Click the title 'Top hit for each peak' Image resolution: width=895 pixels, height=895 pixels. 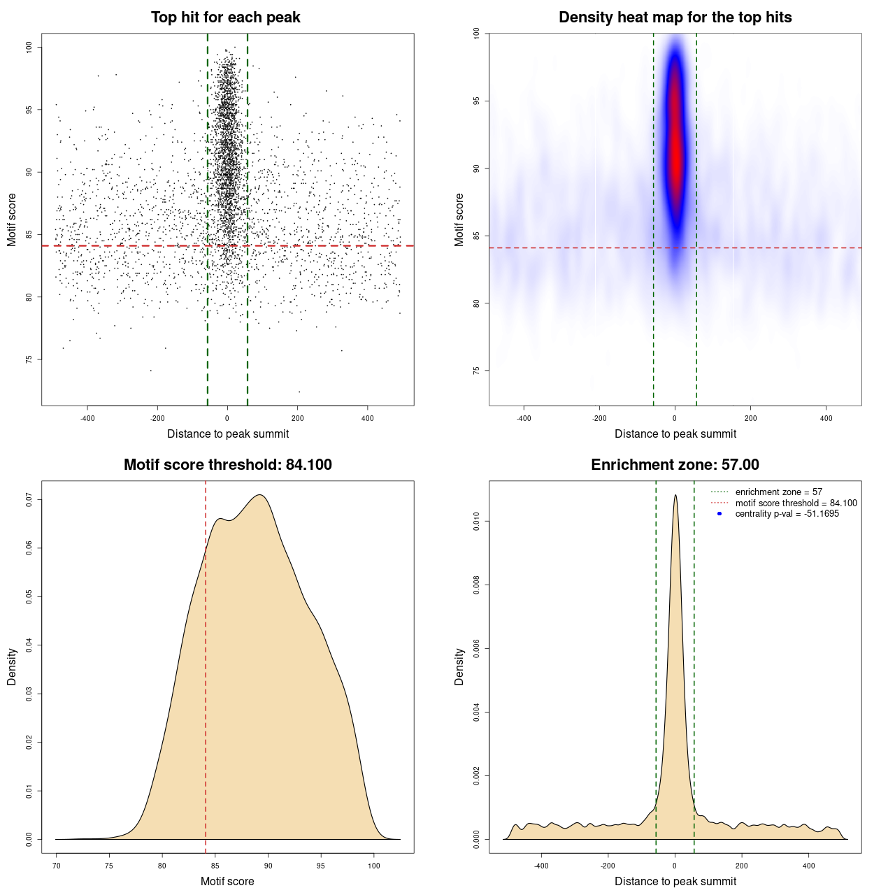[x=225, y=17]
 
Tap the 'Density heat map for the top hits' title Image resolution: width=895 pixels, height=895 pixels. [x=675, y=17]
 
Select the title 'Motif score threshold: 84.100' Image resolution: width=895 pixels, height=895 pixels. [x=227, y=465]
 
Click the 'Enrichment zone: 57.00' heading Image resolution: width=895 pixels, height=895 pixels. [x=675, y=465]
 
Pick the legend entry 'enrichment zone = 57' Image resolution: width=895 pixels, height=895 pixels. [x=778, y=492]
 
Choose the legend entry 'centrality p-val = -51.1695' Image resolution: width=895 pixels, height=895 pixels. [x=787, y=514]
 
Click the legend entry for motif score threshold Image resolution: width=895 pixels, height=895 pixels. [x=796, y=503]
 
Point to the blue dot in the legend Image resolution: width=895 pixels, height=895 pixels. [x=719, y=514]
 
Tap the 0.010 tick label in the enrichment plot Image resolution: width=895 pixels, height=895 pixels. [x=476, y=521]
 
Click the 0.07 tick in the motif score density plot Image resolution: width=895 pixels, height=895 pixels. [x=29, y=500]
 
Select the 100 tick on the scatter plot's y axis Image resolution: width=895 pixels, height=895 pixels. [x=29, y=47]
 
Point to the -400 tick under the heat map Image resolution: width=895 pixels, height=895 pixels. [x=524, y=419]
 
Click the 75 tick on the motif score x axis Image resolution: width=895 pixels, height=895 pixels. [x=109, y=866]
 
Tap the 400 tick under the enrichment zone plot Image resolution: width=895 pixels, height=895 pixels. [x=809, y=866]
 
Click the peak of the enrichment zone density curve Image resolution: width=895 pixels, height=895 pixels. [x=675, y=496]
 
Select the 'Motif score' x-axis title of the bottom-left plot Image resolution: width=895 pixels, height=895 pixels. [x=227, y=881]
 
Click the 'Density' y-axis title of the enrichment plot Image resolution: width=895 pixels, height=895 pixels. [x=459, y=666]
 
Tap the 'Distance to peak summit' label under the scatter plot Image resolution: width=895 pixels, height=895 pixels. [x=228, y=434]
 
